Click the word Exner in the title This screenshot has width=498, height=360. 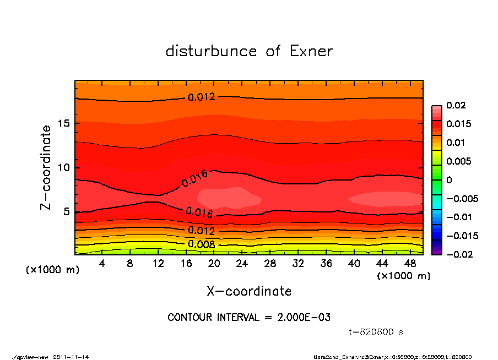pos(311,51)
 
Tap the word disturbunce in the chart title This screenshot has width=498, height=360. pos(212,51)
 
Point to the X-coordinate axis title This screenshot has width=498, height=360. pos(249,291)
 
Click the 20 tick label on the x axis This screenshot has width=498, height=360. pos(214,264)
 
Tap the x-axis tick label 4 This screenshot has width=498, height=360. pos(102,264)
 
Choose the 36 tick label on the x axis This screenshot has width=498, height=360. pos(327,264)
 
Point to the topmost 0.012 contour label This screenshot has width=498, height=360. pos(202,97)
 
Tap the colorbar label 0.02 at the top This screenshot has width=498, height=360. pos(456,105)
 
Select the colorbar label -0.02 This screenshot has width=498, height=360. pos(457,254)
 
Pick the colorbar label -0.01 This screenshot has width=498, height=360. pos(457,217)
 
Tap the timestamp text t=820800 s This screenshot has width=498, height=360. pos(377,332)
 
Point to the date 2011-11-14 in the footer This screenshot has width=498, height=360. pos(71,357)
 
